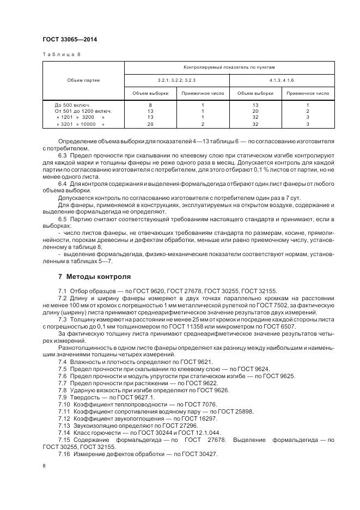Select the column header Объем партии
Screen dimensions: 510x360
(x=83, y=80)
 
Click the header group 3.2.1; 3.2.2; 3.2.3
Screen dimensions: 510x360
(x=177, y=80)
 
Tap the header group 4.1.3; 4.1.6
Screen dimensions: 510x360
(x=282, y=80)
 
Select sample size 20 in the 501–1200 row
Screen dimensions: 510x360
(x=255, y=111)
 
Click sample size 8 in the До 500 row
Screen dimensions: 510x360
(x=150, y=104)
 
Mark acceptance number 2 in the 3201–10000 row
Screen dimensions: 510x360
(x=202, y=124)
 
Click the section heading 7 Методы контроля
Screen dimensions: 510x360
(x=94, y=276)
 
